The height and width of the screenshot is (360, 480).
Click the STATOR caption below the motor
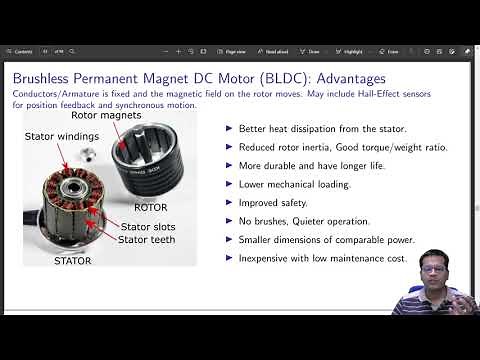click(x=72, y=261)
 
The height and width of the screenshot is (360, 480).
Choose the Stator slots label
click(x=149, y=228)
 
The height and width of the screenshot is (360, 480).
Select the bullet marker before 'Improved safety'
click(x=230, y=202)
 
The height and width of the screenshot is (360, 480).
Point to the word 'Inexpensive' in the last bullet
click(x=266, y=258)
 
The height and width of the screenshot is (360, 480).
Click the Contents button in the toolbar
click(x=22, y=51)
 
